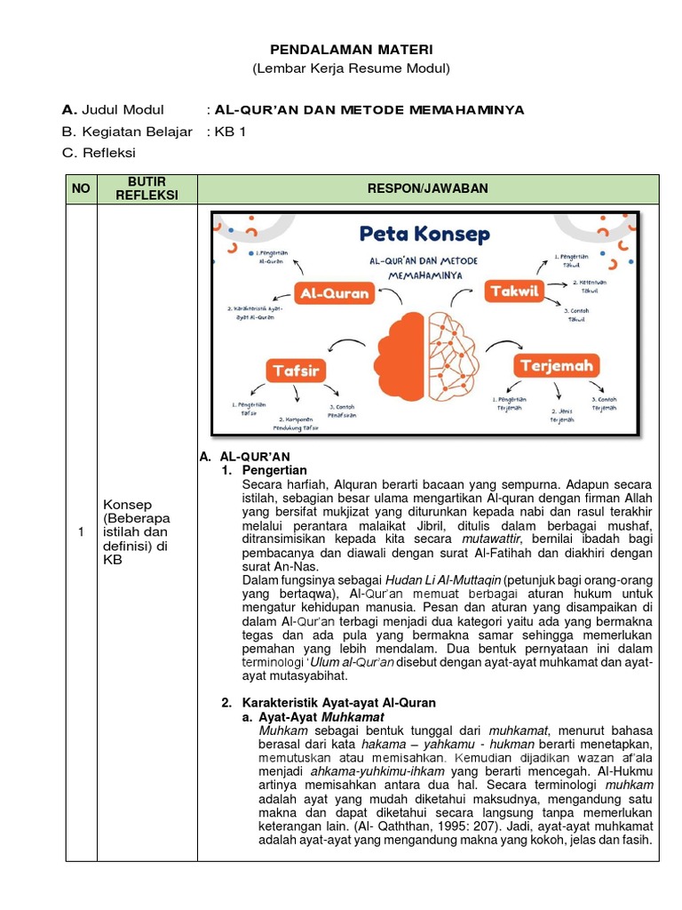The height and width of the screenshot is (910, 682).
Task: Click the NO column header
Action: point(81,188)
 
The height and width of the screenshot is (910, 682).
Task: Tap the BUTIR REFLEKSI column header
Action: point(147,188)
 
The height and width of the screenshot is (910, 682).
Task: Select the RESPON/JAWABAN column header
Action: point(428,188)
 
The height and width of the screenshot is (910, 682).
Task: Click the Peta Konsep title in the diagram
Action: point(424,235)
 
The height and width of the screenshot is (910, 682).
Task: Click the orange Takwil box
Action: point(513,291)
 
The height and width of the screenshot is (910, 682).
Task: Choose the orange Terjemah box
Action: point(556,365)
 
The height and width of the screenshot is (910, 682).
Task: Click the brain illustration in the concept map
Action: point(429,355)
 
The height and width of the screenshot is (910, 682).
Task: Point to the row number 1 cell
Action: point(81,532)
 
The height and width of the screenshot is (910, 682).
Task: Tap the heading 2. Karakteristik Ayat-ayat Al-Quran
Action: point(329,702)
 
